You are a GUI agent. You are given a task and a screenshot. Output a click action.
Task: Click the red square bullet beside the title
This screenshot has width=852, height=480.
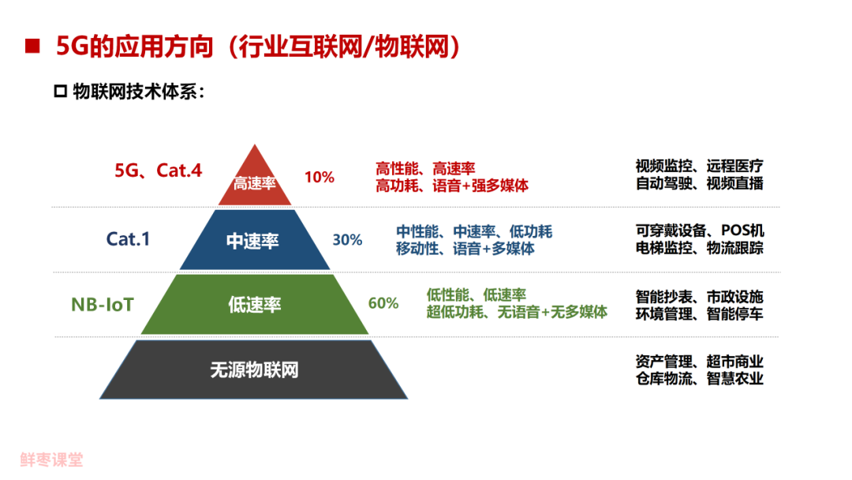click(x=32, y=46)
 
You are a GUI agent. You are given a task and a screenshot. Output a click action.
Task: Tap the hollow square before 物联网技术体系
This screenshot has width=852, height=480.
click(x=60, y=92)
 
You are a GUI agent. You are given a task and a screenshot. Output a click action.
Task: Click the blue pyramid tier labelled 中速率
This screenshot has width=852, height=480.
click(x=253, y=241)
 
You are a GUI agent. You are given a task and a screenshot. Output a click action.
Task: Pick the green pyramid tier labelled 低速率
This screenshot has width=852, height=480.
click(x=254, y=305)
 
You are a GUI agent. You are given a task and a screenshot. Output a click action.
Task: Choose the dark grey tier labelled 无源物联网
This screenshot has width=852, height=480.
click(x=254, y=369)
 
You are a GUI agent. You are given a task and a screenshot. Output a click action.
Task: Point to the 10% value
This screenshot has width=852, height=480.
click(x=319, y=177)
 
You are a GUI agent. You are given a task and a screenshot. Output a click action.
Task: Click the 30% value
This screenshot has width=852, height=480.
click(x=347, y=240)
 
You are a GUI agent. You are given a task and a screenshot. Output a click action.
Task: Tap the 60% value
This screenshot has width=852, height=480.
click(x=383, y=303)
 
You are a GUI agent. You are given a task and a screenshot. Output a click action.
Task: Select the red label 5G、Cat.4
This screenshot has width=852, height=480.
click(x=159, y=170)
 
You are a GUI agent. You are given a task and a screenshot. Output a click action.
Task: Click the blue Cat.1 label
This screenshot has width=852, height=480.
click(x=128, y=238)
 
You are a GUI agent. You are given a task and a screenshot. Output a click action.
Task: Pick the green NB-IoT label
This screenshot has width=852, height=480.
click(x=103, y=304)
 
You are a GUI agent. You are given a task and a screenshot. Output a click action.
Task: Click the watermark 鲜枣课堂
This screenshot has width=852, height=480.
click(x=52, y=459)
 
